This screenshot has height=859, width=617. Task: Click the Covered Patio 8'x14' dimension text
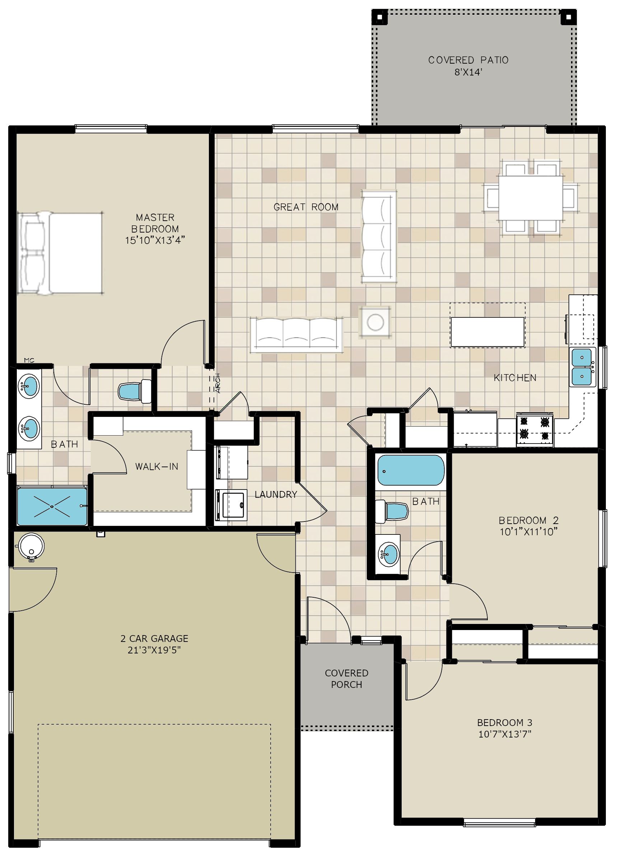tap(468, 72)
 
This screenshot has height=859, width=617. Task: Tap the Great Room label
tap(306, 207)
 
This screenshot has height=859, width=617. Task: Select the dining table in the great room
tap(530, 197)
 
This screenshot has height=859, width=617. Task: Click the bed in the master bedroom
tap(61, 253)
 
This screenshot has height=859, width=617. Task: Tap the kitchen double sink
tap(582, 367)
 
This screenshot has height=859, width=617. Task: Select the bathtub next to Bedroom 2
tap(411, 470)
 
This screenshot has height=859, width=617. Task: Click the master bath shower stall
tap(52, 506)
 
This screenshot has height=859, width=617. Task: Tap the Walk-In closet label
tap(156, 466)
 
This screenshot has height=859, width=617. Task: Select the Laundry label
tap(276, 494)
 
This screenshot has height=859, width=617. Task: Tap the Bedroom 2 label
tap(528, 520)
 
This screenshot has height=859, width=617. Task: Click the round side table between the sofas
tap(375, 322)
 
